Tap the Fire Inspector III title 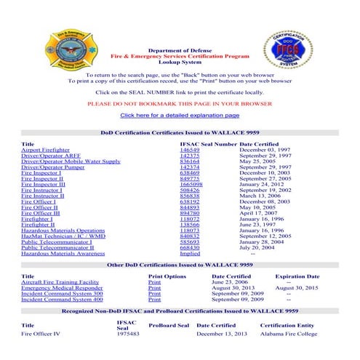pos(43,184)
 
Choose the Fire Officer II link pos(40,207)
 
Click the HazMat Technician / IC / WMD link pos(63,236)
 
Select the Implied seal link pos(189,254)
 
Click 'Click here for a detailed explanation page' pos(180,115)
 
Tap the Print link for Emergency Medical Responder pos(154,287)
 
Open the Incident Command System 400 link pos(62,299)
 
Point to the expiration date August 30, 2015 pos(297,287)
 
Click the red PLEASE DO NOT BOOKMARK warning pos(179,103)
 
